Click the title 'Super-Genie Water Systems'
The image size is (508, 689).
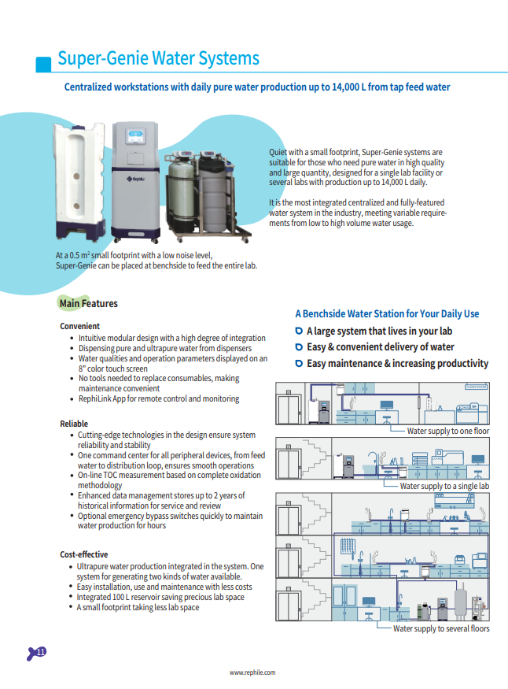pyautogui.click(x=158, y=59)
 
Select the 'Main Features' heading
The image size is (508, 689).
pyautogui.click(x=88, y=303)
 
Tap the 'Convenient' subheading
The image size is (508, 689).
pyautogui.click(x=80, y=326)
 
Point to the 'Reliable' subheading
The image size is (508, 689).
pyautogui.click(x=74, y=424)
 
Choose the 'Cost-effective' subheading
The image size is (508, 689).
pyautogui.click(x=84, y=554)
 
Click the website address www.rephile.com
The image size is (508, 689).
pyautogui.click(x=252, y=672)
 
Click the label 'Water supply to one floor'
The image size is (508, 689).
pyautogui.click(x=447, y=432)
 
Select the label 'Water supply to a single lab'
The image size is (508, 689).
pyautogui.click(x=444, y=486)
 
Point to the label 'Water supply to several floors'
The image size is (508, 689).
pyautogui.click(x=441, y=628)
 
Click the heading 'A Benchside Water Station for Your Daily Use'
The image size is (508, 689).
pyautogui.click(x=387, y=313)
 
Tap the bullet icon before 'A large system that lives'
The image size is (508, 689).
pyautogui.click(x=299, y=332)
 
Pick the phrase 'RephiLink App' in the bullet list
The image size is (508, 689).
pyautogui.click(x=105, y=399)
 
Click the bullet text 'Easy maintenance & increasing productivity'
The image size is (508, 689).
pyautogui.click(x=397, y=364)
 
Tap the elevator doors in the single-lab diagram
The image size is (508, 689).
pyautogui.click(x=291, y=461)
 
